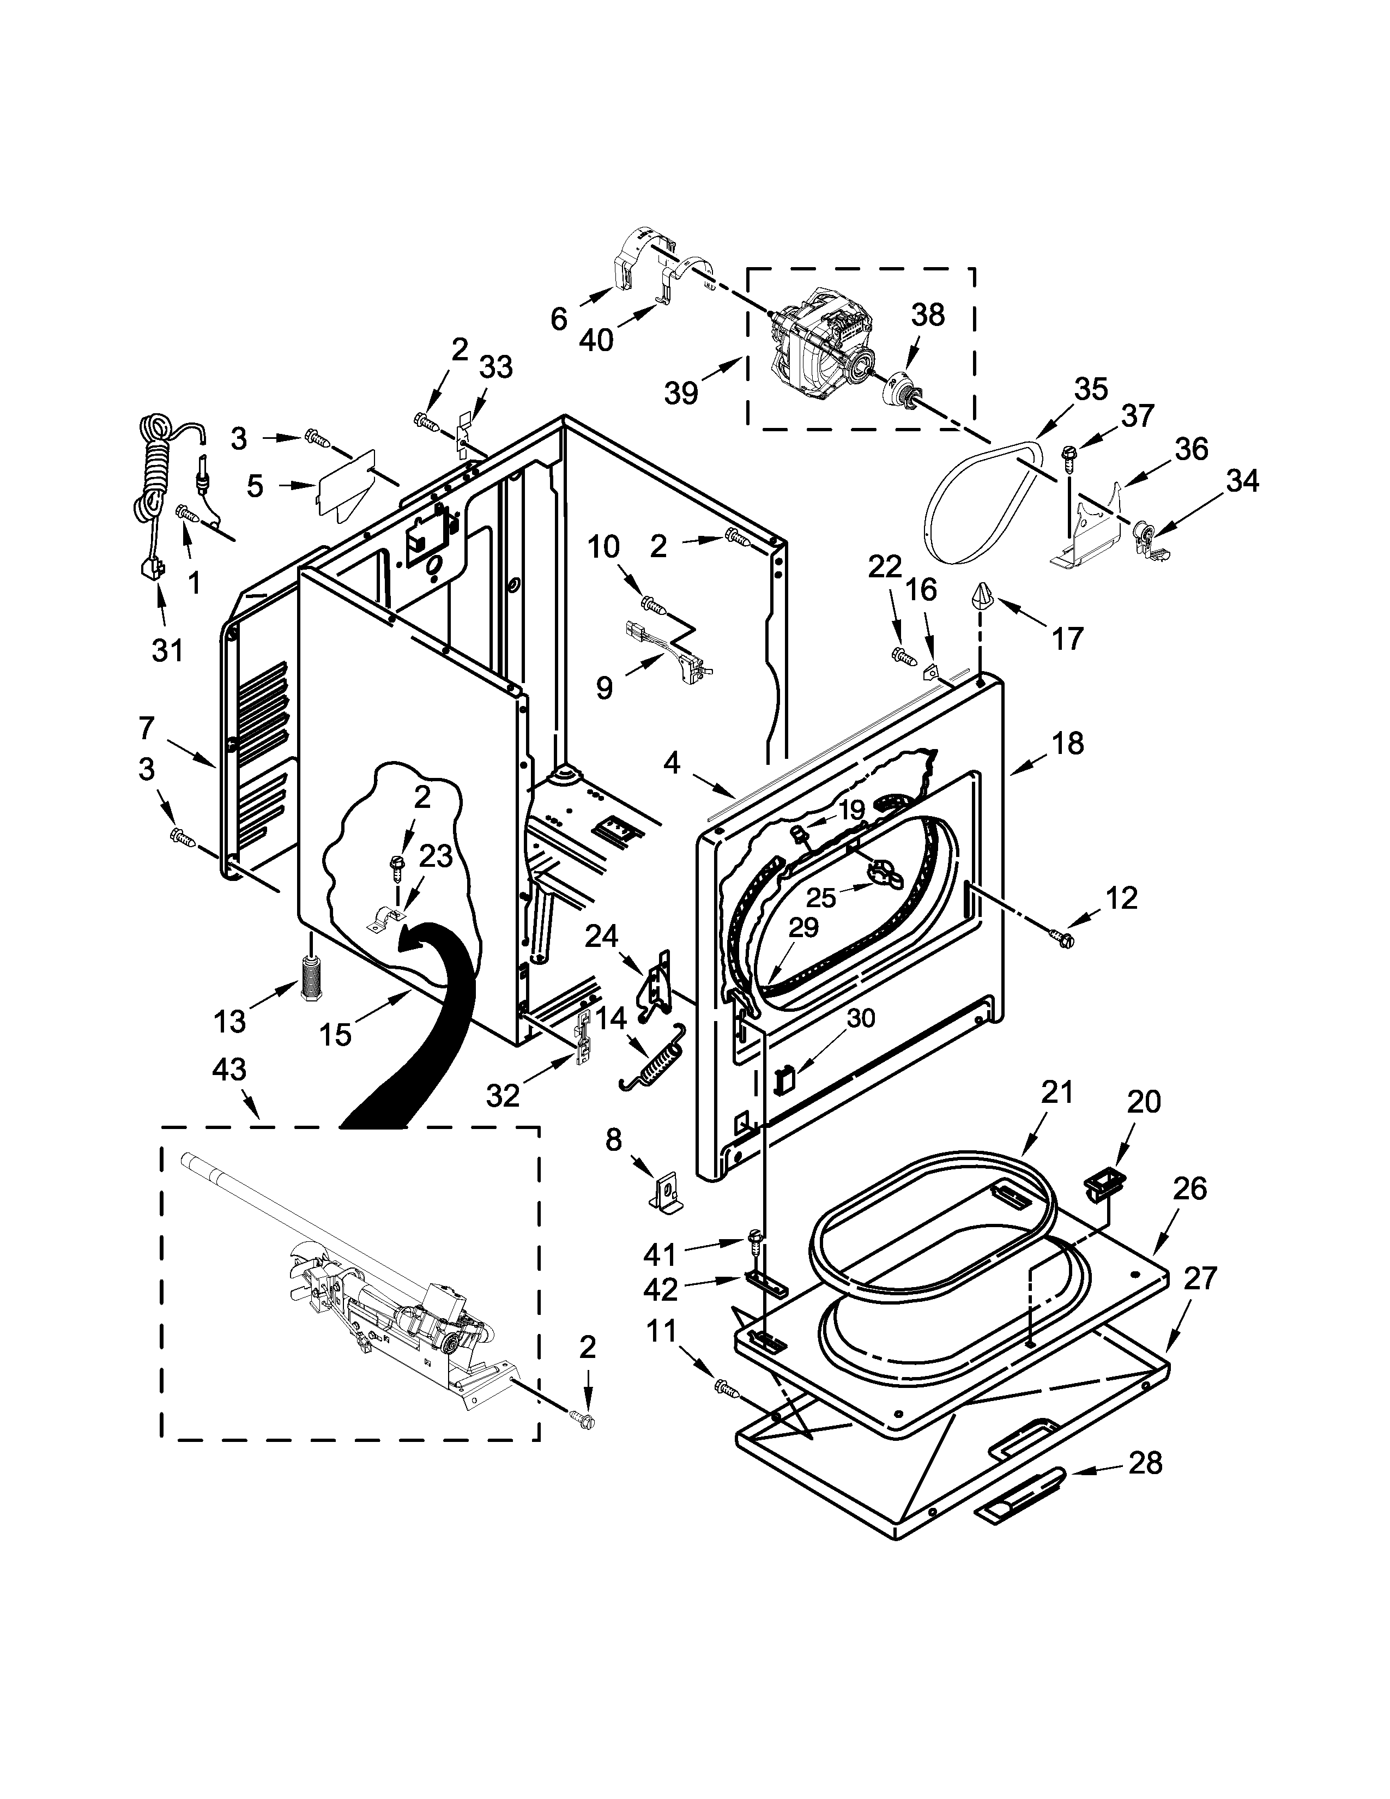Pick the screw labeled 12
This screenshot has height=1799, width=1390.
coord(1061,937)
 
